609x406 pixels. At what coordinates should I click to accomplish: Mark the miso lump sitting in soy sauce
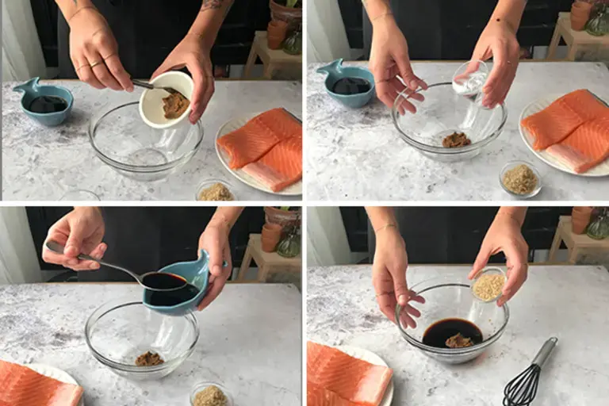458,340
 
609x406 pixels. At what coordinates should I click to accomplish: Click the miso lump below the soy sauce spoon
148,358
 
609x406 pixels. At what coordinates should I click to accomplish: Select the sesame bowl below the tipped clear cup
520,179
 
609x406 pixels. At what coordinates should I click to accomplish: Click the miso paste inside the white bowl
174,104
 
